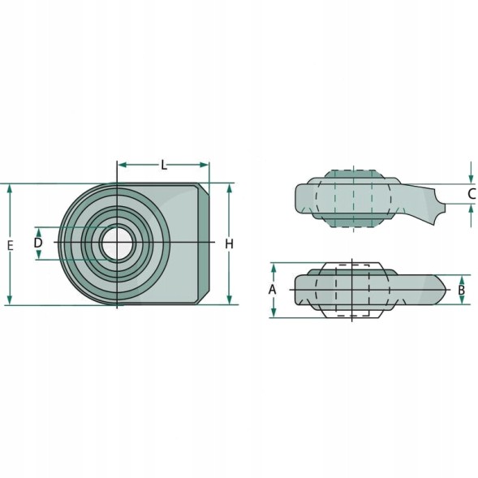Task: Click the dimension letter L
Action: click(164, 166)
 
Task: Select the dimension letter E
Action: click(10, 245)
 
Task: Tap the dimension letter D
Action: click(38, 243)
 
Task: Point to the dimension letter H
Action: click(229, 244)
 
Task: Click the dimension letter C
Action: click(472, 194)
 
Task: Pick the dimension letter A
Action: click(272, 289)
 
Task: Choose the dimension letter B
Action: click(462, 290)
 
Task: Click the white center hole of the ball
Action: click(118, 243)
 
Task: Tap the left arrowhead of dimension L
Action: click(123, 165)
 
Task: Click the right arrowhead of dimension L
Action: click(204, 165)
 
